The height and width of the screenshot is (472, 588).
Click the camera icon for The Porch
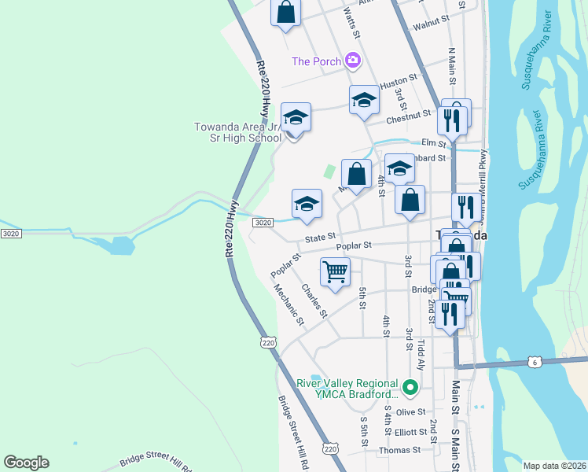(353, 60)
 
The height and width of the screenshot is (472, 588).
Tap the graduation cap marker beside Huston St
(364, 100)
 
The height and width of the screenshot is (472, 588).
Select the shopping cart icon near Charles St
(336, 272)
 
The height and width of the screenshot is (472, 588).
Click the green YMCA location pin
(410, 387)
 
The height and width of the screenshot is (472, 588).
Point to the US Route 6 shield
(536, 361)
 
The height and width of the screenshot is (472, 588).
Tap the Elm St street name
(433, 142)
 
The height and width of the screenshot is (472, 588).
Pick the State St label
(320, 235)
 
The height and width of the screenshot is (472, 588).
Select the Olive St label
(410, 411)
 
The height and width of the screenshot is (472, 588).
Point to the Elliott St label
(410, 431)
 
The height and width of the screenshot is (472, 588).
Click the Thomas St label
(399, 451)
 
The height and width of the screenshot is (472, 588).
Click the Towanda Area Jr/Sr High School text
(238, 132)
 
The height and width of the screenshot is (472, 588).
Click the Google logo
(26, 463)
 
